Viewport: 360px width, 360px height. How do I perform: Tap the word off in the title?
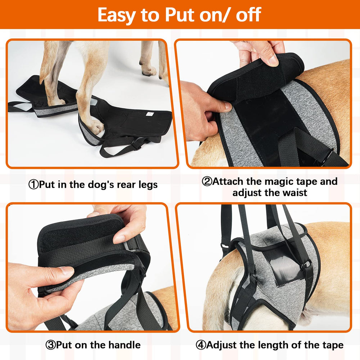248,15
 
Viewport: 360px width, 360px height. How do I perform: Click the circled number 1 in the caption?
33,185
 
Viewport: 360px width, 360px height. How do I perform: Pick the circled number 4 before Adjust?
201,345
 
